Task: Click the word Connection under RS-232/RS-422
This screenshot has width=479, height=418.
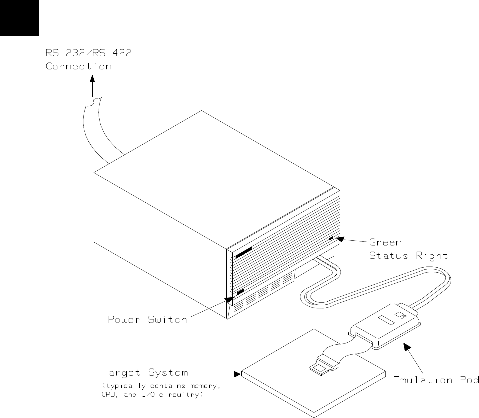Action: point(79,66)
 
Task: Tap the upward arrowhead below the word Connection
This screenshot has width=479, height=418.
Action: point(92,78)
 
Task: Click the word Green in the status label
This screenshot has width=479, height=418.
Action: point(386,243)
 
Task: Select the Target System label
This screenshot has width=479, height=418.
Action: point(145,372)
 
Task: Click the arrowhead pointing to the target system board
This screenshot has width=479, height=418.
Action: point(237,373)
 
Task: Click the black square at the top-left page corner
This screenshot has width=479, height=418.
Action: point(19,17)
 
